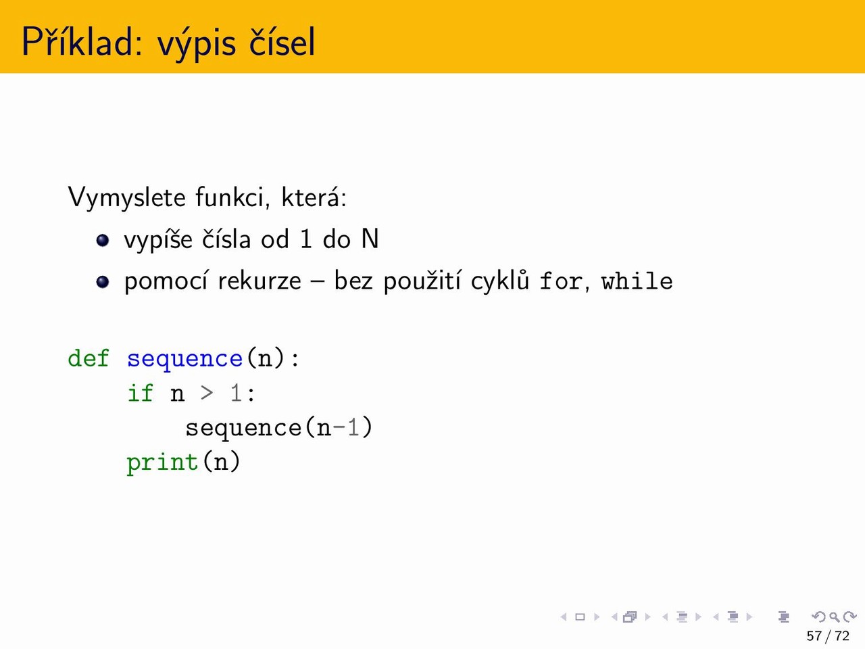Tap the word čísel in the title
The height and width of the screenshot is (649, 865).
(x=282, y=41)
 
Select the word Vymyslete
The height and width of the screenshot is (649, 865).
(x=126, y=197)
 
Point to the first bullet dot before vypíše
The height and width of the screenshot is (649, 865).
(x=103, y=241)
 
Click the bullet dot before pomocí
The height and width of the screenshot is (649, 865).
(x=103, y=282)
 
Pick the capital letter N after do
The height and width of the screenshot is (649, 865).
(x=370, y=239)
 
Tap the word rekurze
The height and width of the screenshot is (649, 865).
(x=259, y=281)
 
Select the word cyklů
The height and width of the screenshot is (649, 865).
(x=499, y=281)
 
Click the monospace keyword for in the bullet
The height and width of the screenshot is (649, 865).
(x=560, y=281)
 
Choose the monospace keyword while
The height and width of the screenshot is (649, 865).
(x=637, y=281)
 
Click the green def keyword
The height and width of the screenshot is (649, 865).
(x=89, y=358)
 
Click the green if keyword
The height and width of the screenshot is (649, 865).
(x=141, y=393)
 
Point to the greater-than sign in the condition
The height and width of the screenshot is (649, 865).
(x=207, y=393)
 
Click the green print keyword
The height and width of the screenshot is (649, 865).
(x=162, y=462)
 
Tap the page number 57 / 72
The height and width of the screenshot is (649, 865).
(x=828, y=636)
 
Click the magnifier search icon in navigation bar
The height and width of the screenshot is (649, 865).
(x=835, y=617)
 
